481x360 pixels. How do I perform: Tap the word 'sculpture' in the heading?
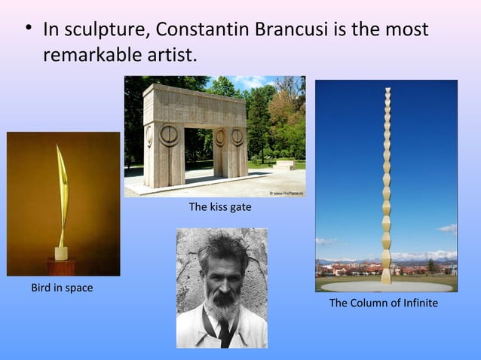109,32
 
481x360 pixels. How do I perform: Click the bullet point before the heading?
28,31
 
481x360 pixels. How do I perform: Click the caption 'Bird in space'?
62,288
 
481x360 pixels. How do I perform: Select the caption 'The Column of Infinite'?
383,303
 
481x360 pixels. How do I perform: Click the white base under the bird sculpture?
61,253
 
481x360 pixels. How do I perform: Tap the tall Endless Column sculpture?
386,181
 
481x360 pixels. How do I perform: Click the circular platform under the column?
386,286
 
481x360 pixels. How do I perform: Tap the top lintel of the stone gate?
198,101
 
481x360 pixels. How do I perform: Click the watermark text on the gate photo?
285,193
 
